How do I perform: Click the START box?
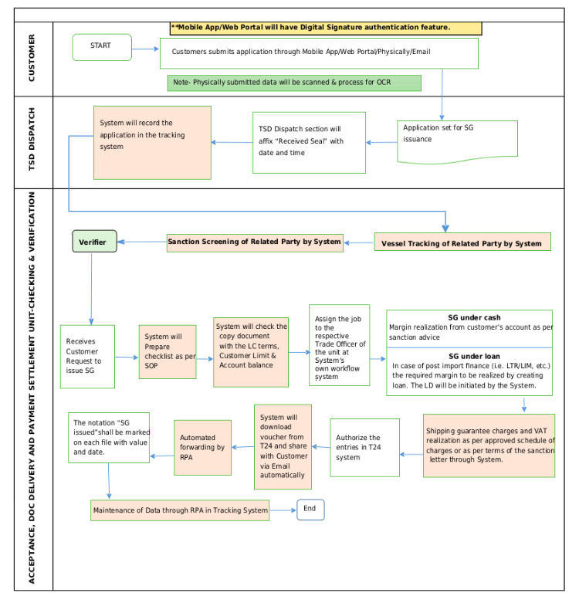click(x=102, y=47)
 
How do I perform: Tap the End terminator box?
click(x=310, y=510)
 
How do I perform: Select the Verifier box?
click(x=95, y=242)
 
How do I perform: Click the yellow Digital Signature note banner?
click(x=326, y=28)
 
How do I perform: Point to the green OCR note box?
click(x=294, y=83)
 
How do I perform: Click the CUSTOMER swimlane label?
click(x=32, y=58)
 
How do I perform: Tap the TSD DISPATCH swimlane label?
click(x=32, y=139)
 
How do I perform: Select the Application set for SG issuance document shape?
click(x=458, y=141)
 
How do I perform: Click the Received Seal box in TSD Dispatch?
click(x=309, y=143)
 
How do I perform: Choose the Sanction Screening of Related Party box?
click(x=255, y=242)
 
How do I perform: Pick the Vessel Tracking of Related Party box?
click(x=462, y=242)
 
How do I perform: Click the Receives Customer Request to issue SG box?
click(x=87, y=357)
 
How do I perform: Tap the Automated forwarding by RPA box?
click(x=202, y=448)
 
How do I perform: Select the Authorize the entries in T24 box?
click(x=365, y=448)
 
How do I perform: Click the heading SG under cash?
click(x=475, y=317)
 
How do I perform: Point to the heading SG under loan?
click(x=475, y=356)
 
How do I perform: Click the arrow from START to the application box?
click(x=145, y=49)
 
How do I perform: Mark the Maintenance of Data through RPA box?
click(x=180, y=510)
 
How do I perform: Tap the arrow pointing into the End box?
click(x=283, y=510)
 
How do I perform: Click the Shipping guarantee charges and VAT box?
click(x=489, y=445)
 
